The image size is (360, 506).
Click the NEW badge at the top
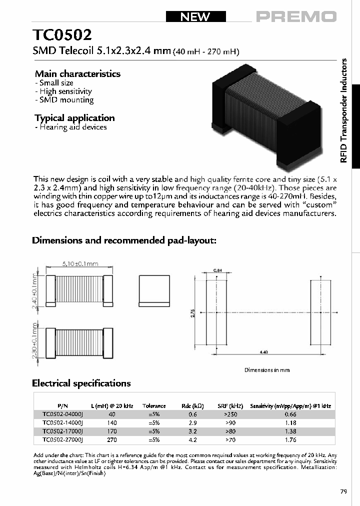(x=195, y=16)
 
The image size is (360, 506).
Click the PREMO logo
(x=296, y=17)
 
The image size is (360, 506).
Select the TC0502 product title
(x=62, y=36)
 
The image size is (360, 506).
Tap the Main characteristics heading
(x=77, y=73)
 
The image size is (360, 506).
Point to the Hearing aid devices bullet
(x=71, y=127)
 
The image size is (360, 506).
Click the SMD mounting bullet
(x=64, y=100)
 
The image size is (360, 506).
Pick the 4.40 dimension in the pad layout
(x=264, y=352)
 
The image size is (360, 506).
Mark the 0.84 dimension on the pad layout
(x=217, y=270)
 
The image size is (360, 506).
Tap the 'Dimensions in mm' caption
(x=266, y=370)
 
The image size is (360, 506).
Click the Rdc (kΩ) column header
(x=192, y=406)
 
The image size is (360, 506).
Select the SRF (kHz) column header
(x=230, y=406)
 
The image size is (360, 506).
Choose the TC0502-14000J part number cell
(x=62, y=422)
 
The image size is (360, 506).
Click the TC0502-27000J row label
(x=62, y=439)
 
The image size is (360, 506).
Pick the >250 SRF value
(x=230, y=414)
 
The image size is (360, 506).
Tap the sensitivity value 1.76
(x=290, y=439)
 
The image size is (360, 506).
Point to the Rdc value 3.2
(x=192, y=431)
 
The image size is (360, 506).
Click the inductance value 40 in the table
(x=111, y=414)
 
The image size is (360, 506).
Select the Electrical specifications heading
(x=81, y=383)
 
